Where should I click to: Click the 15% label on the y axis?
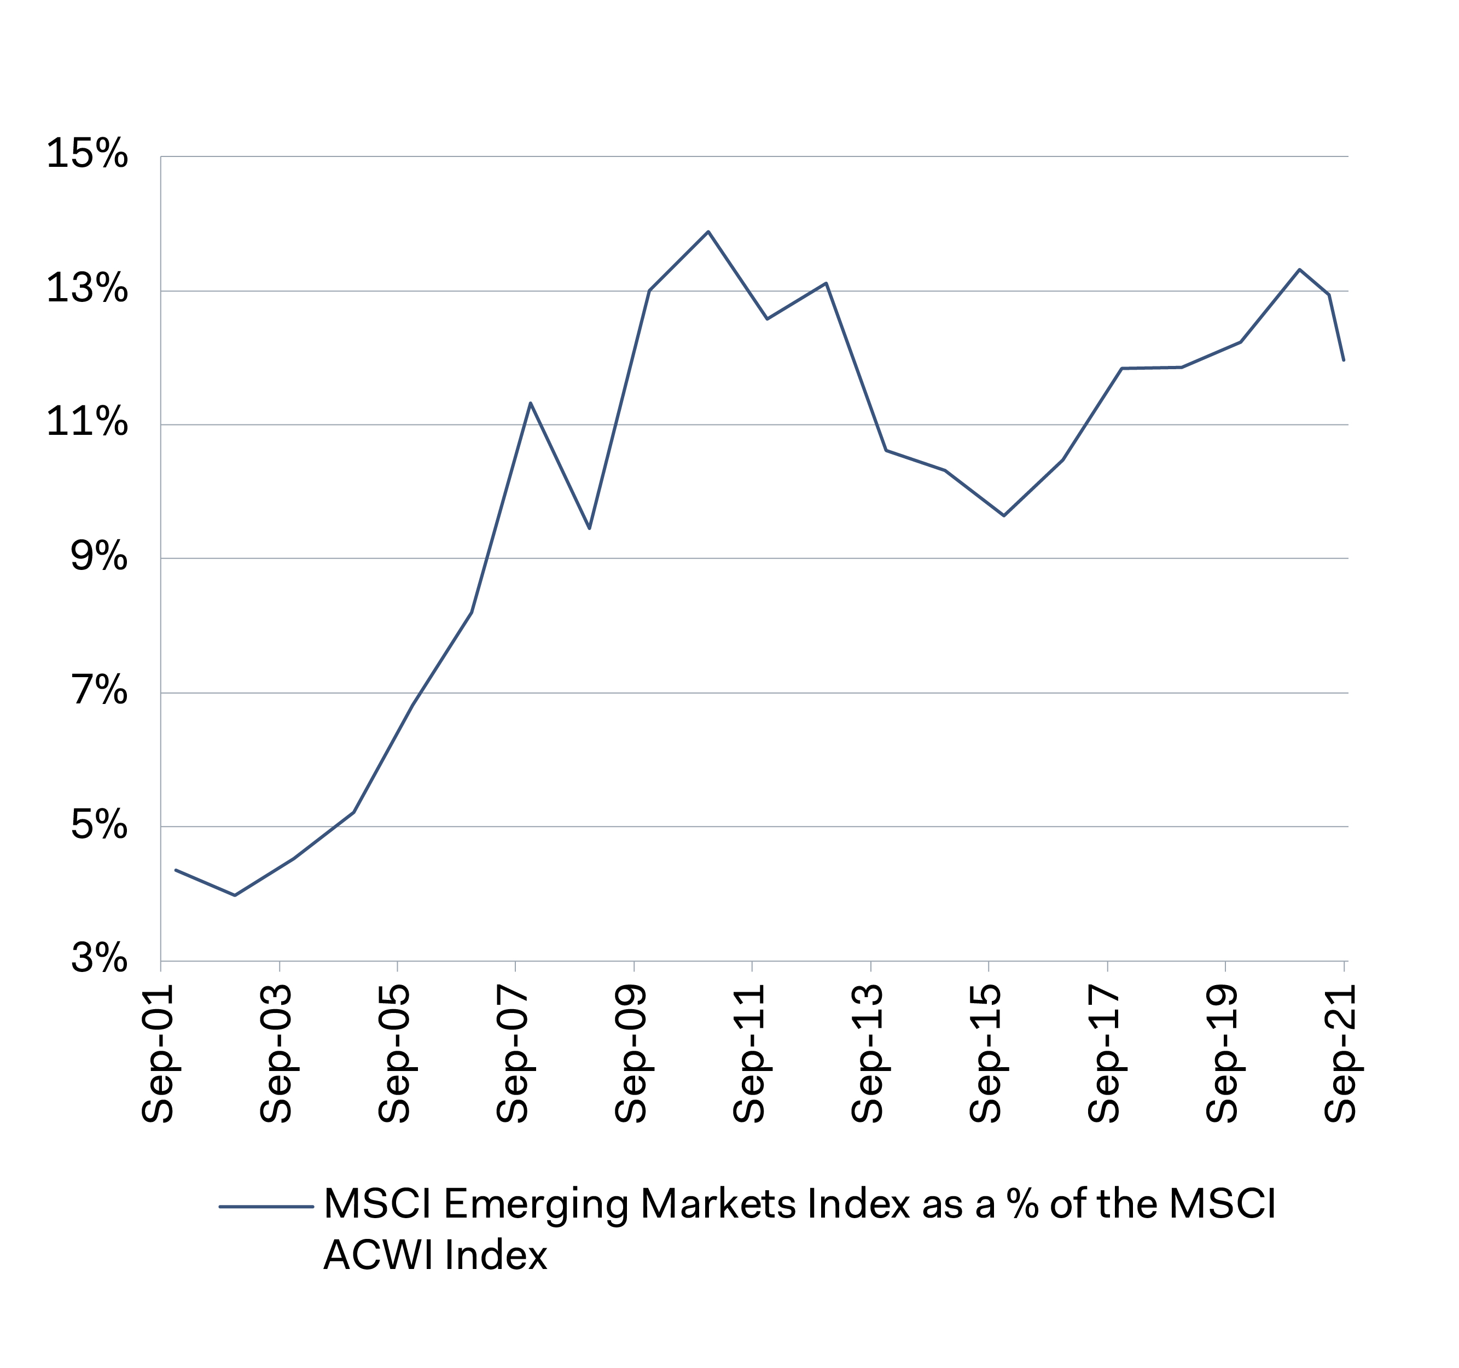(x=86, y=154)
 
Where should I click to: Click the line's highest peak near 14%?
(x=708, y=232)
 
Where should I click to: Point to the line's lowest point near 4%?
(x=235, y=895)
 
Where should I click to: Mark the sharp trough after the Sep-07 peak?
(x=589, y=528)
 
